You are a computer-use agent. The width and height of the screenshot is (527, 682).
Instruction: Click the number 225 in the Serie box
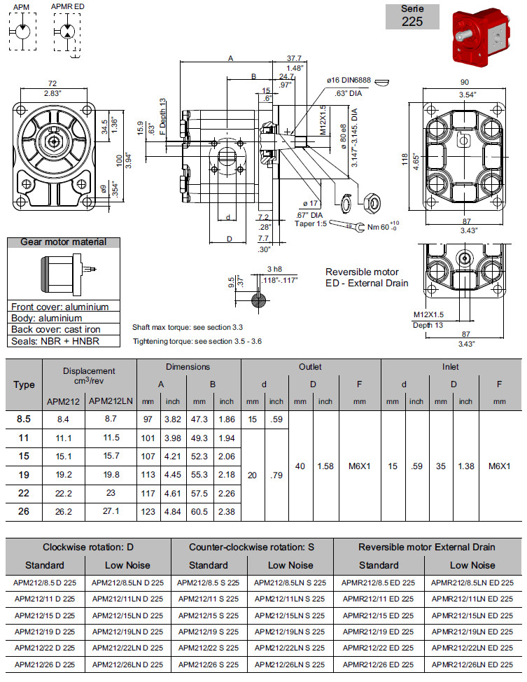tap(412, 21)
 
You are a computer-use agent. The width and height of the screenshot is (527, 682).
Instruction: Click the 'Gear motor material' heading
tap(64, 242)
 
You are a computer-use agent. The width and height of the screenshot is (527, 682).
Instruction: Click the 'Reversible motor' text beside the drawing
tap(362, 272)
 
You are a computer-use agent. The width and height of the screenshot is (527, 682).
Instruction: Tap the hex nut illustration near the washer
tap(372, 203)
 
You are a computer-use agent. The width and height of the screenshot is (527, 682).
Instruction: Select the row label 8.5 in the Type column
tap(24, 418)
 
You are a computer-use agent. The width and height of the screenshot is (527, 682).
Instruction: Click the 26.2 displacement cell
tap(64, 511)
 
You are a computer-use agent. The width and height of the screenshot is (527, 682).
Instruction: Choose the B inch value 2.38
tap(226, 511)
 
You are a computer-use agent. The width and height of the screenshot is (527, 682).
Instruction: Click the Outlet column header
tap(310, 366)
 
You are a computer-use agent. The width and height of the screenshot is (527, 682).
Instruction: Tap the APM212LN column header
tap(111, 401)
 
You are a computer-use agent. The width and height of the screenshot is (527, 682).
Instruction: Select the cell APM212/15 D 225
tap(45, 615)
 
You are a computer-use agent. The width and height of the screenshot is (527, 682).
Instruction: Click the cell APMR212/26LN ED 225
tap(472, 664)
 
